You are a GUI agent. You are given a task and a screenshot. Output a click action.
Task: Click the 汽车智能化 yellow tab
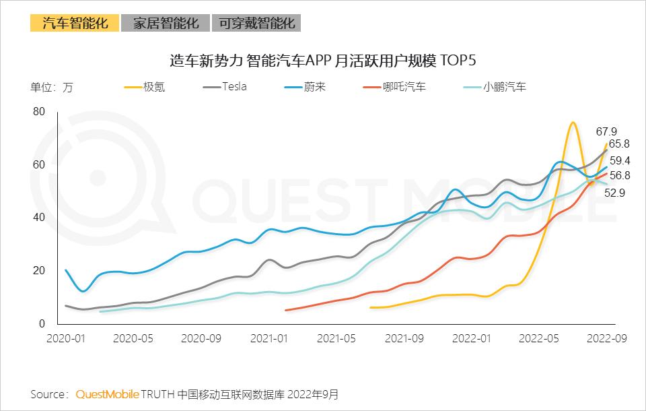[x=75, y=23]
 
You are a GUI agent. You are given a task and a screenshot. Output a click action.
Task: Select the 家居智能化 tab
[x=166, y=23]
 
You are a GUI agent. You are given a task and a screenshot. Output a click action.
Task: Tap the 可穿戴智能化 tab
[x=256, y=23]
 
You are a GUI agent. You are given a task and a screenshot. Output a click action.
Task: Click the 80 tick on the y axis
[x=38, y=111]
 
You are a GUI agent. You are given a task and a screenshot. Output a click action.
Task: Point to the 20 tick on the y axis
[x=38, y=271]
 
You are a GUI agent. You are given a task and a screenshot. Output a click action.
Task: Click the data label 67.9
[x=606, y=131]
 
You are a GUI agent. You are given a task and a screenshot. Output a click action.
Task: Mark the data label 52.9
[x=613, y=192]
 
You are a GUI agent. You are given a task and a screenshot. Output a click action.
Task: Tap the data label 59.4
[x=620, y=160]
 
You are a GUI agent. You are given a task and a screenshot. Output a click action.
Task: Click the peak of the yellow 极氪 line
[x=572, y=123]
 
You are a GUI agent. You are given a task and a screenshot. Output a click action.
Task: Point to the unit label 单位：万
[x=51, y=88]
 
